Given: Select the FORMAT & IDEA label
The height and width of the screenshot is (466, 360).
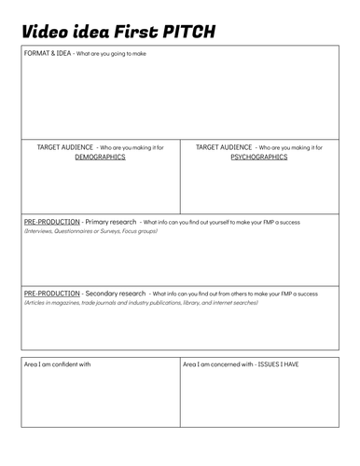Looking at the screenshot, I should point(44,53).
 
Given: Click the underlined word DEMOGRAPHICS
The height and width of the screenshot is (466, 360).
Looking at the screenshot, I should point(100,158).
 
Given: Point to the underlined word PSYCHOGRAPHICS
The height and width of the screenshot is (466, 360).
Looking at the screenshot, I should point(258,158).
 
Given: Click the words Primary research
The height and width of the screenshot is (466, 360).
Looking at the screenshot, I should point(111,222).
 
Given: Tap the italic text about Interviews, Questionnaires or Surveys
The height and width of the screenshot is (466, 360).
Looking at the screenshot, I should point(90,230).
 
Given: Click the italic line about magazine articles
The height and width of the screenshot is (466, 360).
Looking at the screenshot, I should point(140,303).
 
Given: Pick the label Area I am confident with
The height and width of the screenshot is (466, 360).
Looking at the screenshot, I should point(57,364).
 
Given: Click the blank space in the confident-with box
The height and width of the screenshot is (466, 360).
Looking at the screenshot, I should point(100,401).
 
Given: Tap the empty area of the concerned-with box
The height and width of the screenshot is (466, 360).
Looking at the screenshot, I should point(259,401).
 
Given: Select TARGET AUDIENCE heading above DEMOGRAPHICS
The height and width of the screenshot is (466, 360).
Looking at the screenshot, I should point(65,147).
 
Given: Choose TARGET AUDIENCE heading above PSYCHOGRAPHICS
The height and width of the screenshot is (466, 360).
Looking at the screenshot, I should point(224,147).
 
